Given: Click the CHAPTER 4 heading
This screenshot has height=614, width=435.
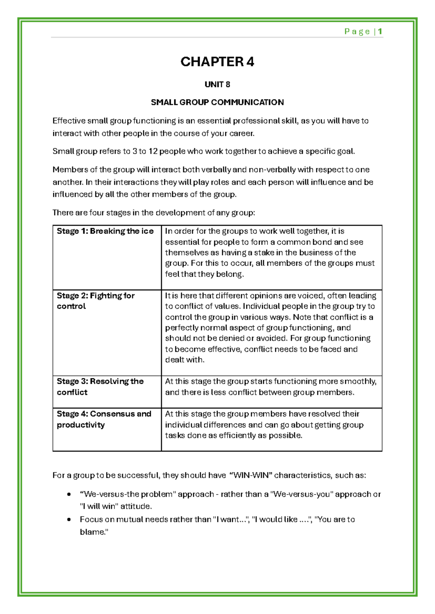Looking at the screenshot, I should [217, 62].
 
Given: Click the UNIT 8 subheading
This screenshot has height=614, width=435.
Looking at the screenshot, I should [217, 85].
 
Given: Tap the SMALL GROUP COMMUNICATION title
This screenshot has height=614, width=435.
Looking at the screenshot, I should [217, 102].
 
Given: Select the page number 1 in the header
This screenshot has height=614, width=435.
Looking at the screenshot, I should [380, 31].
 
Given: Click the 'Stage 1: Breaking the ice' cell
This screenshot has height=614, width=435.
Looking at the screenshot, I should [105, 231].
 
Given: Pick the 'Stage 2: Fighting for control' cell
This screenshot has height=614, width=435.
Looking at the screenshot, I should [96, 301].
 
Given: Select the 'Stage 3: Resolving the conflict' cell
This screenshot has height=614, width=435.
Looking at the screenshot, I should [100, 387].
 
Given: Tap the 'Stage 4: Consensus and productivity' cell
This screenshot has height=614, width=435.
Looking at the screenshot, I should [104, 419].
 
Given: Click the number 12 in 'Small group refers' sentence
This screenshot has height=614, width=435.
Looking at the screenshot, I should [153, 151].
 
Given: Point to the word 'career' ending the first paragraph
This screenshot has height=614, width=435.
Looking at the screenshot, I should [242, 134].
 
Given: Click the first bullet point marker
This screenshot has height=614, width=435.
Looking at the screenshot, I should [69, 495].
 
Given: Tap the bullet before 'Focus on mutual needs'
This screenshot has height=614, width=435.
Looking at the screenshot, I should [69, 520].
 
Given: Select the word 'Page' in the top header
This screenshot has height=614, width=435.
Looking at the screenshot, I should [357, 31].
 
